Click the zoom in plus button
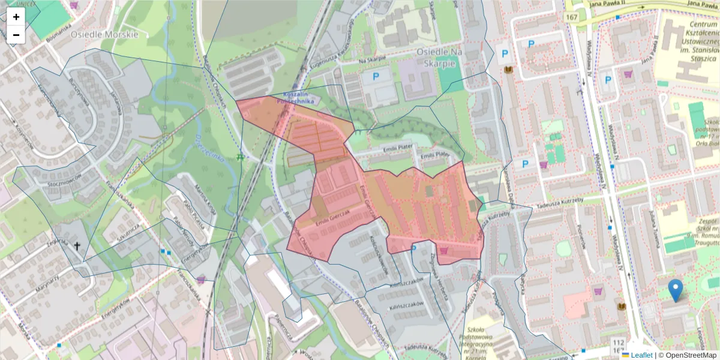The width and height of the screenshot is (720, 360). click(16, 17)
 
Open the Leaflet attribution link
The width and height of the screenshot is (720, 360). click(641, 355)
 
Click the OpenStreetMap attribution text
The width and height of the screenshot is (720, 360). click(687, 355)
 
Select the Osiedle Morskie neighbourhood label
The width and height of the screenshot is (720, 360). click(104, 34)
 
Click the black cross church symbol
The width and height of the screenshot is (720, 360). click(77, 245)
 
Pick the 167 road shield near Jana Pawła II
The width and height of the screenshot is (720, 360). click(571, 18)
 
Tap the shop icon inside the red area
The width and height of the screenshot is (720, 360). click(444, 251)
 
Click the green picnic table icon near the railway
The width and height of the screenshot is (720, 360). click(240, 157)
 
